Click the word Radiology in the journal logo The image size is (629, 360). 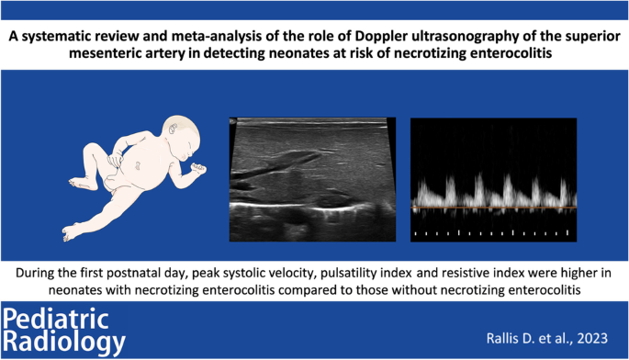64,342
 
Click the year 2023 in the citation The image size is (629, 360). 592,338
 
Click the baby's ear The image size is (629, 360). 174,129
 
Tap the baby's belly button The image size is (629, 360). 137,165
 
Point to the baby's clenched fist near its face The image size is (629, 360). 197,169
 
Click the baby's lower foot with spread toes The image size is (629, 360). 71,232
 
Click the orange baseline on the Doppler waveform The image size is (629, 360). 493,207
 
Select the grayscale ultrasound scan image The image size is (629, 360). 312,179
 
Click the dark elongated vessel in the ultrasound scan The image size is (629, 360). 276,164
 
